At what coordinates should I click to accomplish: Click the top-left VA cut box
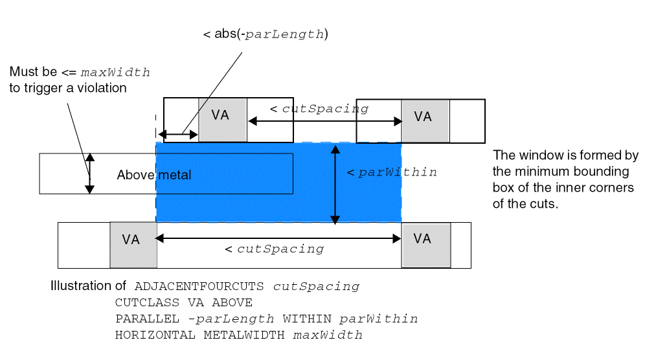point(223,120)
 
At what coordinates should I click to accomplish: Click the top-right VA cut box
point(425,120)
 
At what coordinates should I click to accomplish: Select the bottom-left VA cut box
point(132,244)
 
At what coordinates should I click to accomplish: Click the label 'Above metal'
point(154,175)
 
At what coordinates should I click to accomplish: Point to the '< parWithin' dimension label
point(392,172)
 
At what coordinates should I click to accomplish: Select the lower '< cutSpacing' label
point(274,249)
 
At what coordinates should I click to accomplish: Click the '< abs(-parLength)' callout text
point(266,34)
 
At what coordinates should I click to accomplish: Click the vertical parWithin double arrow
point(334,185)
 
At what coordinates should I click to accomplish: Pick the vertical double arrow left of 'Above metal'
point(90,174)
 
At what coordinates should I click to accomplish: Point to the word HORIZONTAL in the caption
point(155,335)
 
